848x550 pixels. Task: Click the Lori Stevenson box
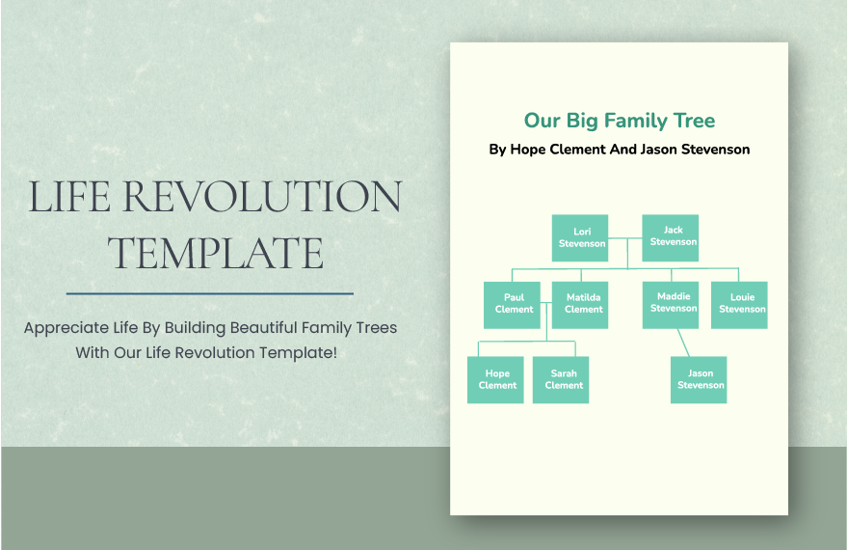(582, 237)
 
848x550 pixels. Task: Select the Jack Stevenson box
(672, 236)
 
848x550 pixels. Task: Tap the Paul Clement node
(513, 304)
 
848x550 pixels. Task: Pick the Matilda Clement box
(583, 304)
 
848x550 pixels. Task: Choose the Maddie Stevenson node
(673, 303)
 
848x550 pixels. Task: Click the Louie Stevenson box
(741, 304)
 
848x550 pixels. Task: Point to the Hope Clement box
(496, 379)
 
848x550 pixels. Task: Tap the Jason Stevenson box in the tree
(700, 379)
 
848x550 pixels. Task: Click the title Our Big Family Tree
(619, 121)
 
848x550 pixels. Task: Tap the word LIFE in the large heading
(69, 198)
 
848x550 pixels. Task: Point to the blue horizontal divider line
(209, 292)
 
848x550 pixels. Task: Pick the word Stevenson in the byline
(715, 150)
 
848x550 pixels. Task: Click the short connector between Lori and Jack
(627, 237)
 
